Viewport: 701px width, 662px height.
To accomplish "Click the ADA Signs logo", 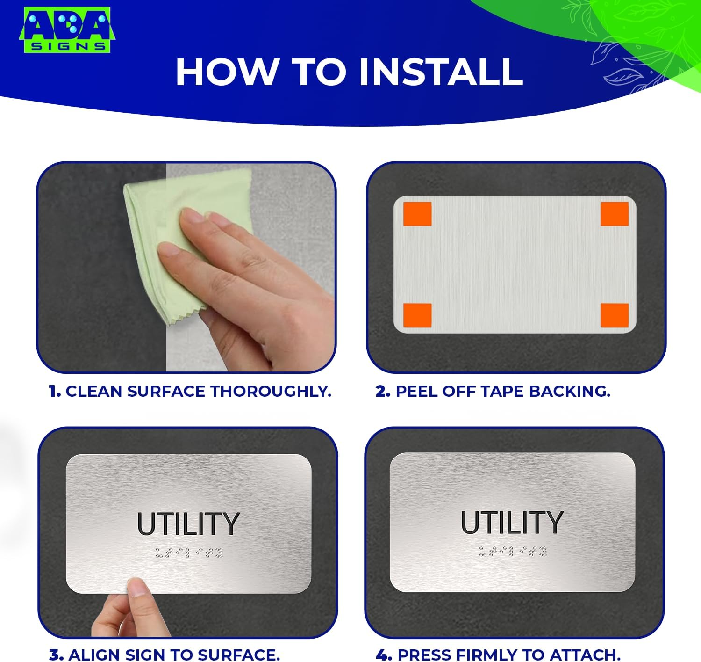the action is (67, 30).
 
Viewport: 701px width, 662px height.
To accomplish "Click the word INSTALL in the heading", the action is (441, 72).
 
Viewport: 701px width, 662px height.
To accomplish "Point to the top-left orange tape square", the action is (417, 214).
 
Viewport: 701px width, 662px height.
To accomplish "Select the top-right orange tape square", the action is (615, 214).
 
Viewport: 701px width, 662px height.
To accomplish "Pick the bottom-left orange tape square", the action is (417, 315).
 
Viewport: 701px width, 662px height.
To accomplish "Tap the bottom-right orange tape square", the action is (615, 315).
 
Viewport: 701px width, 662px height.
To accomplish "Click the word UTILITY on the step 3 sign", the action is (188, 524).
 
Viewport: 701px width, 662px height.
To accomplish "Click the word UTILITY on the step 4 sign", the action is (512, 522).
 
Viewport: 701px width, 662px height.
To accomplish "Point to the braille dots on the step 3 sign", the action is (189, 553).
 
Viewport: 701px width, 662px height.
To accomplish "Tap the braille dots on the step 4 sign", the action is (513, 551).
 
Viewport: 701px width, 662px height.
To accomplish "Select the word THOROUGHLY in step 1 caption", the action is (271, 391).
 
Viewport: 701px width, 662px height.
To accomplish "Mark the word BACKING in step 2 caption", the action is (570, 391).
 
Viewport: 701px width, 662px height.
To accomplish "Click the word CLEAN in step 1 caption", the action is (94, 391).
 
